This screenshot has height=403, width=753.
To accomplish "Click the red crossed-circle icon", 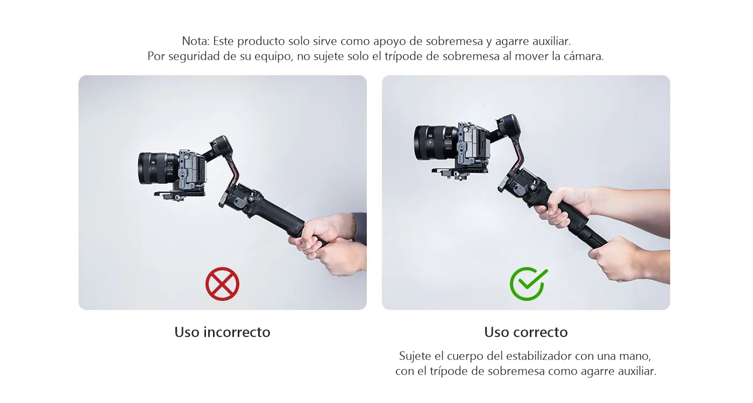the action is (x=222, y=284).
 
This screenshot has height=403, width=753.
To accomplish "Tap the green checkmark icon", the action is (x=528, y=284).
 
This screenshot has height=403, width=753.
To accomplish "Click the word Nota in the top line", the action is (x=195, y=41).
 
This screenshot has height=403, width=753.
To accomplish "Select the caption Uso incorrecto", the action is (x=222, y=332).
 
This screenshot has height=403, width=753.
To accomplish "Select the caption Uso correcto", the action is (x=526, y=332).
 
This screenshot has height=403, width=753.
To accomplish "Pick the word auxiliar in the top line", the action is (x=552, y=41).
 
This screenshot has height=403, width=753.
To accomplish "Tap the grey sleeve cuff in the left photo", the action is (x=359, y=228).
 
